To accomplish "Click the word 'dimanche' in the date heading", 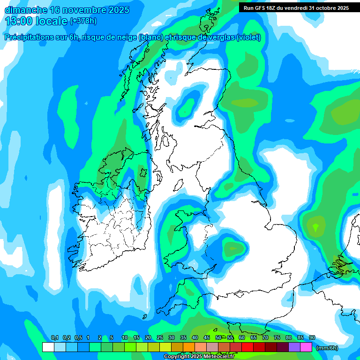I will point(24,10).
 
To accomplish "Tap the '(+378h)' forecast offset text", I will point(83,21).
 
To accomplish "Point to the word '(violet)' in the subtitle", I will point(248,37).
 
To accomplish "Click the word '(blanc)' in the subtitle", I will point(150,37).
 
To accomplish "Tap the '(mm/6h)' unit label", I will point(327,348).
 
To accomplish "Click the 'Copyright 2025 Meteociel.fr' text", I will point(199,357).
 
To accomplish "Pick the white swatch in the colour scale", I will point(48,347).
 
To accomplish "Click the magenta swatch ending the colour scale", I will point(306,347).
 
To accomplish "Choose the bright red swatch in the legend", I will point(247,347).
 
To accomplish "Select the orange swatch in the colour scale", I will point(189,347).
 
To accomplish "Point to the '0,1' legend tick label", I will point(54,338).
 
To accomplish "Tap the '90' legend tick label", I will point(312,338).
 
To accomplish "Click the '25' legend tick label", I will point(160,338).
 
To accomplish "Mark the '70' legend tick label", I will point(265,338).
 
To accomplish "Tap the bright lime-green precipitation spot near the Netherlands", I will point(315,228).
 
